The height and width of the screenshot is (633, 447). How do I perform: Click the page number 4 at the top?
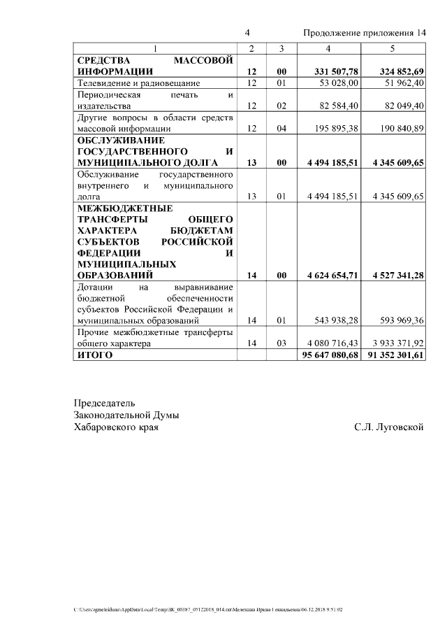(x=247, y=34)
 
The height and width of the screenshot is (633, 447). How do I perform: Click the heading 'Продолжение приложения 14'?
(x=364, y=34)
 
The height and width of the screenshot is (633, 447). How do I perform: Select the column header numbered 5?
(x=393, y=48)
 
